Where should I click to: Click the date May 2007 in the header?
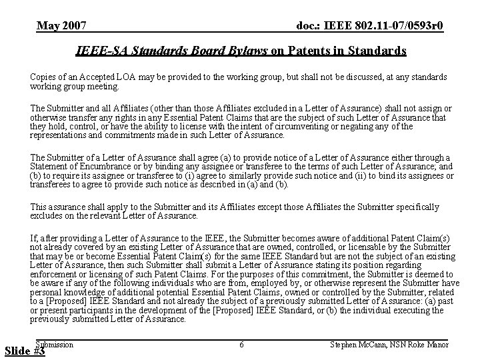tap(61, 26)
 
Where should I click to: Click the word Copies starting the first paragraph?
tap(44, 77)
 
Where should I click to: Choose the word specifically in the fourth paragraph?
tap(413, 207)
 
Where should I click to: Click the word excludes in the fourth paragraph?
tap(47, 215)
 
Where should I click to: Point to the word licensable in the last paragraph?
tap(369, 247)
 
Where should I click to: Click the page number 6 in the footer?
tap(241, 344)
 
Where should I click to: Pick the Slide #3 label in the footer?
tap(23, 351)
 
